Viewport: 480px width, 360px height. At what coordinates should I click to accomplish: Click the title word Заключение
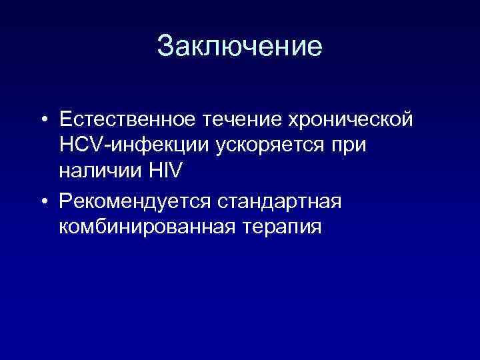[x=240, y=47]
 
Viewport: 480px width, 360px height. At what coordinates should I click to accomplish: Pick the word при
[x=347, y=146]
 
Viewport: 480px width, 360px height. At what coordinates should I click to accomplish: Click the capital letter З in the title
[x=165, y=47]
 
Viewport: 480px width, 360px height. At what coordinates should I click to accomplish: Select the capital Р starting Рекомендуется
[x=65, y=201]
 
